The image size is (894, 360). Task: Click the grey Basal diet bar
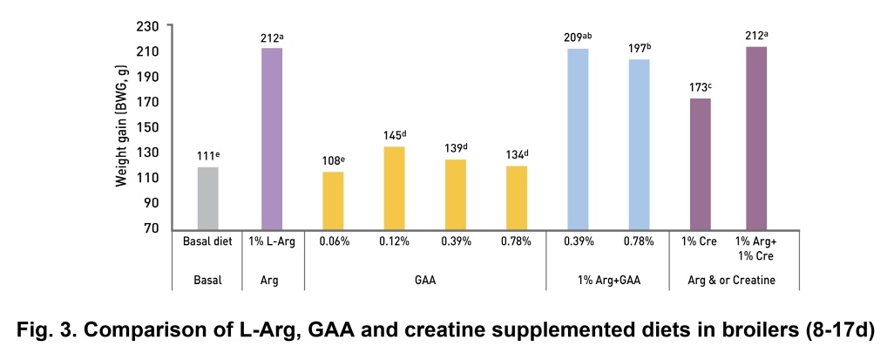pyautogui.click(x=207, y=198)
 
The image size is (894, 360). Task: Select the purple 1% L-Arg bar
pyautogui.click(x=271, y=139)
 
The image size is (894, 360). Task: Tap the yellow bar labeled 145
pyautogui.click(x=395, y=187)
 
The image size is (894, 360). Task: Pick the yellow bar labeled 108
pyautogui.click(x=333, y=200)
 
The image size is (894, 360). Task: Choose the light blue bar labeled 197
pyautogui.click(x=639, y=144)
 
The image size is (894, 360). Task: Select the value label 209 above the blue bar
pyautogui.click(x=579, y=37)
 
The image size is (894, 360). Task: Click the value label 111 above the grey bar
pyautogui.click(x=207, y=156)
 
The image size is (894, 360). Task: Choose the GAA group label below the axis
pyautogui.click(x=424, y=281)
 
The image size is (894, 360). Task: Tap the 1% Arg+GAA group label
pyautogui.click(x=608, y=281)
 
